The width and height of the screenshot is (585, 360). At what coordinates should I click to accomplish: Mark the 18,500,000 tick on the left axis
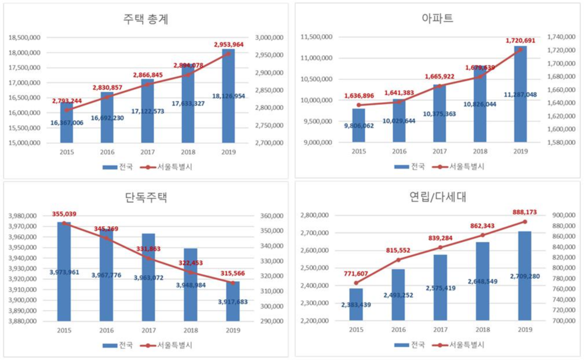[24, 38]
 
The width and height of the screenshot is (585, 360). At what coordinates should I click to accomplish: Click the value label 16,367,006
[67, 122]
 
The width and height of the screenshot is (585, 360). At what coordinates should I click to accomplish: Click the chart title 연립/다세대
[438, 197]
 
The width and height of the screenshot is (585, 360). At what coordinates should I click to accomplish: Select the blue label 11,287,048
[520, 94]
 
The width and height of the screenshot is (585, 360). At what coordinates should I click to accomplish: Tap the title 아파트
[438, 19]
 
